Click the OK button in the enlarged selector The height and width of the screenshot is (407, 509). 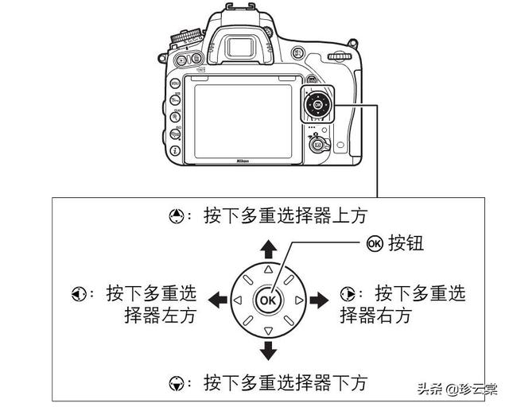pyautogui.click(x=269, y=300)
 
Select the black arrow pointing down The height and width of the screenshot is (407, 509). pyautogui.click(x=269, y=350)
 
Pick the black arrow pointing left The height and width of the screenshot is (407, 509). pyautogui.click(x=217, y=300)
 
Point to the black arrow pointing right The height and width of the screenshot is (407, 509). pyautogui.click(x=319, y=300)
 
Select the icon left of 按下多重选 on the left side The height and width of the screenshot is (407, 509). pyautogui.click(x=73, y=293)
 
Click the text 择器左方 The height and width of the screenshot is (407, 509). pyautogui.click(x=160, y=315)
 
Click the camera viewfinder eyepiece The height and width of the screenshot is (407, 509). pyautogui.click(x=243, y=47)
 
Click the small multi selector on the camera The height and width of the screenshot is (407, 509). pyautogui.click(x=318, y=105)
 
